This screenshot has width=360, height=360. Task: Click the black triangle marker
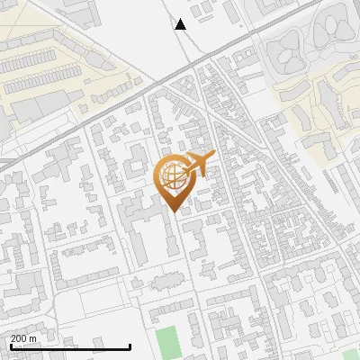(180, 24)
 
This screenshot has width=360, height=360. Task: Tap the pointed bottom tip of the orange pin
(173, 211)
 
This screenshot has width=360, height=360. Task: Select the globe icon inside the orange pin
(172, 175)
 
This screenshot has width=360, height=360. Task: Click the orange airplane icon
(196, 165)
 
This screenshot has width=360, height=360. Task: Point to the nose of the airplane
(211, 157)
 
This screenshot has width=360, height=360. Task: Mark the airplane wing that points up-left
(192, 157)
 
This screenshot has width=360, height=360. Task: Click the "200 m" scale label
(23, 338)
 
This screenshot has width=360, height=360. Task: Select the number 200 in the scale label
(19, 338)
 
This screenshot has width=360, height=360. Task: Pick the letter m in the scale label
(33, 338)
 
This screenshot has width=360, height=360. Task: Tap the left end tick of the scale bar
(10, 346)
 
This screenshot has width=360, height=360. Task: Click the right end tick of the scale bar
(130, 346)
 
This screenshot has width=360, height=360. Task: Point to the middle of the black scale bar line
(70, 347)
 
